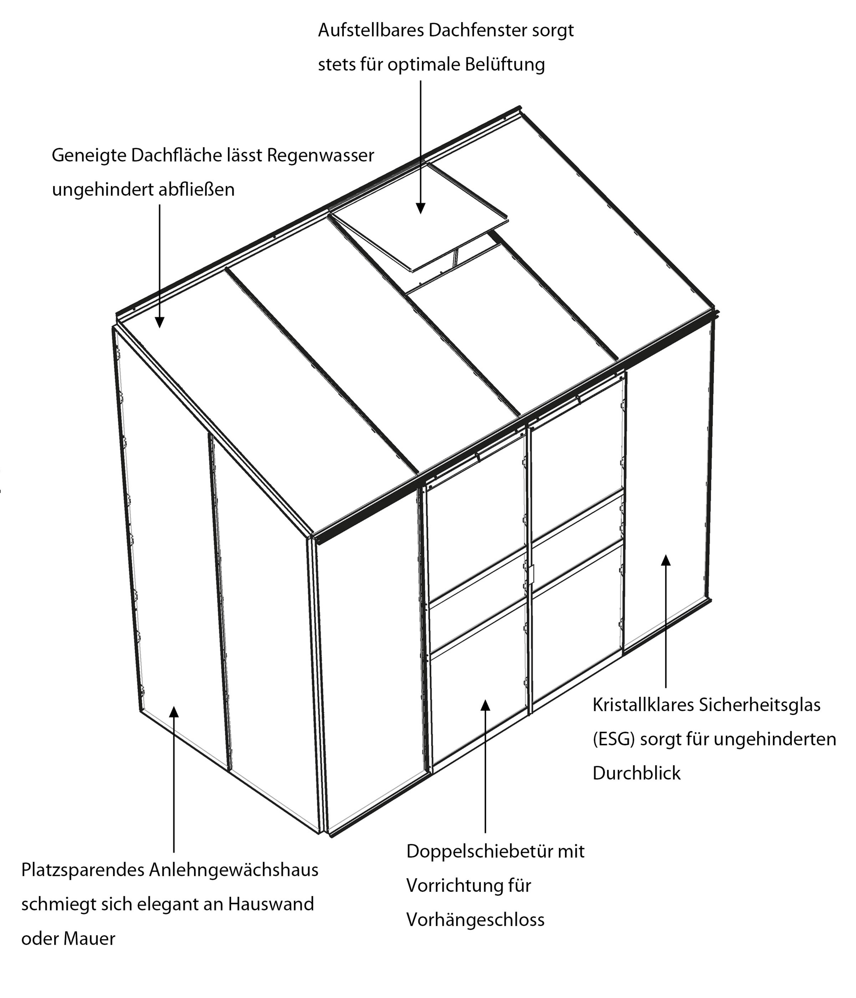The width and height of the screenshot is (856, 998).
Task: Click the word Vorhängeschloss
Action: (x=475, y=920)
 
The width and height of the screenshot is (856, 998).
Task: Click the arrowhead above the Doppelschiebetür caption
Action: (x=485, y=705)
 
